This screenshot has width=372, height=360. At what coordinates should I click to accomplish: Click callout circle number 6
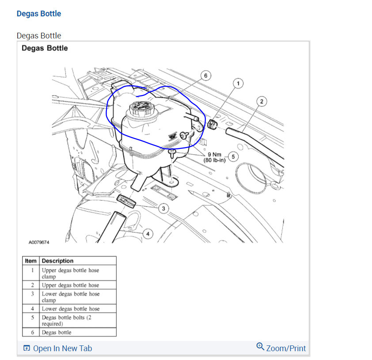(205, 76)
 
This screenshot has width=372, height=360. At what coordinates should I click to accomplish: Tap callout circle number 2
(262, 102)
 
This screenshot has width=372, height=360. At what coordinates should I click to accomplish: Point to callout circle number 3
(163, 208)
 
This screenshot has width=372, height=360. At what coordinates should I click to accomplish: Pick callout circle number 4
(148, 234)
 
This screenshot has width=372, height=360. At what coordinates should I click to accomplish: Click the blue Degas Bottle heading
(39, 14)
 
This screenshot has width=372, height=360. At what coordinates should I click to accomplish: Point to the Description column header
(57, 261)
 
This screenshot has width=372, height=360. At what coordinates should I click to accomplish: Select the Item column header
(31, 261)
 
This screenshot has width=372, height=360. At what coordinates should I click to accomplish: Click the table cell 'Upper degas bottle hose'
(71, 285)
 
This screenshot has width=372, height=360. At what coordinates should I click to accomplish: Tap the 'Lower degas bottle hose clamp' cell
(71, 297)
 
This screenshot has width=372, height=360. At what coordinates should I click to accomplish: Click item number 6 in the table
(32, 332)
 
